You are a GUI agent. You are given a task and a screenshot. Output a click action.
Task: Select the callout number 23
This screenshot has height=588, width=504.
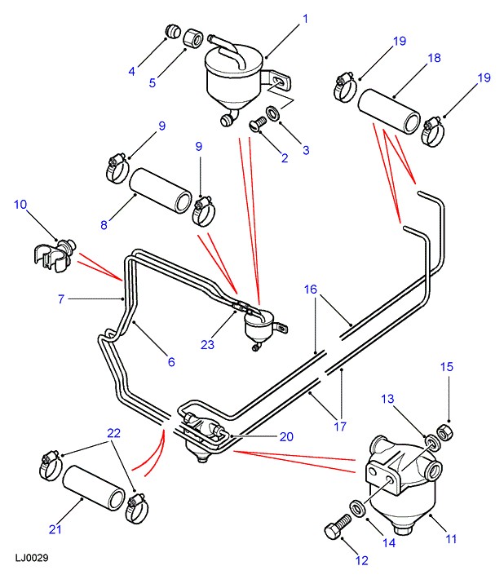click(207, 345)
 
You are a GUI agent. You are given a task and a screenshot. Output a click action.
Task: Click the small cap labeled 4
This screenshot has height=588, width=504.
click(172, 31)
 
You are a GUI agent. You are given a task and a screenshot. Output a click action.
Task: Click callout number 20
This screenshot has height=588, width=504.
click(285, 436)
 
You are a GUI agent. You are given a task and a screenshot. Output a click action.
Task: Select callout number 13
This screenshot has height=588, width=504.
click(387, 399)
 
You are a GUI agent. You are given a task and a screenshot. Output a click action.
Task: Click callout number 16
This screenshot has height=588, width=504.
click(311, 290)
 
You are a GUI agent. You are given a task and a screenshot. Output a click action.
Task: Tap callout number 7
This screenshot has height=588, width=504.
click(60, 299)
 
